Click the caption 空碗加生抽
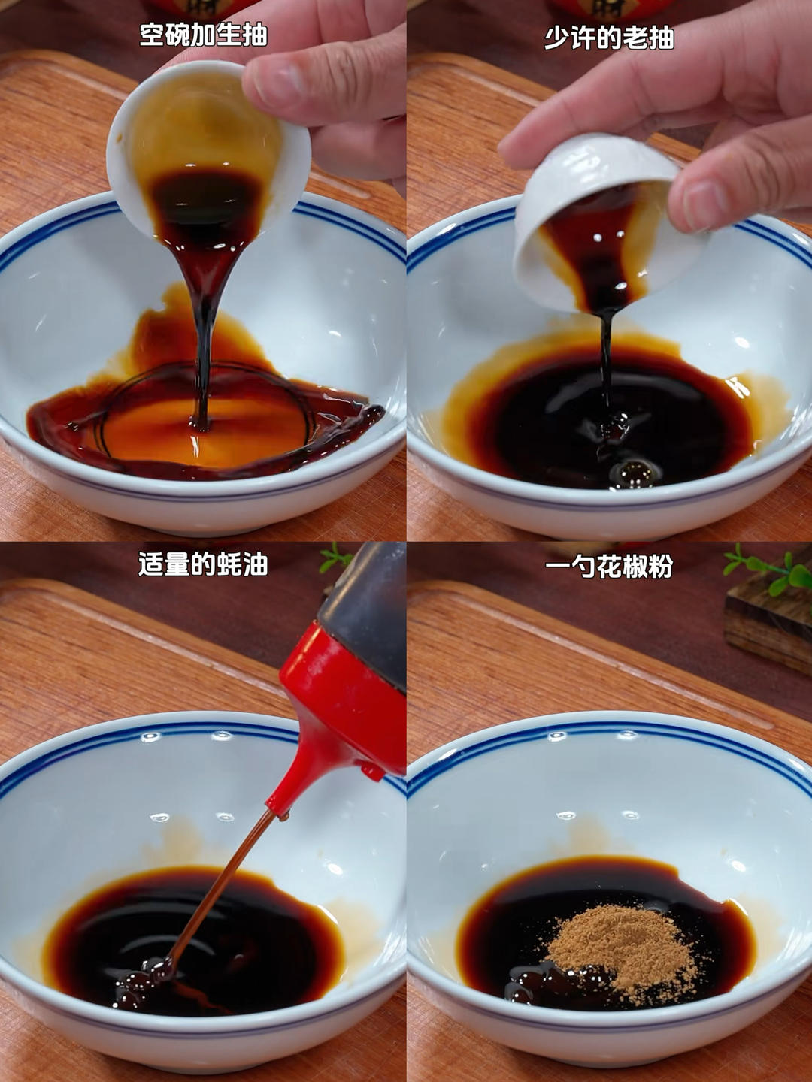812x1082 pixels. (203, 35)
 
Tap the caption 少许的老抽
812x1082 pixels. (609, 38)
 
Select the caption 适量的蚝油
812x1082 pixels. (203, 564)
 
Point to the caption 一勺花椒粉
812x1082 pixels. (609, 566)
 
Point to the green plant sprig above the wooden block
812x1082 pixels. (769, 570)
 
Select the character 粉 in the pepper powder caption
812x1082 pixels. (660, 566)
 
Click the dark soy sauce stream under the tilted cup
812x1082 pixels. (605, 364)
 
